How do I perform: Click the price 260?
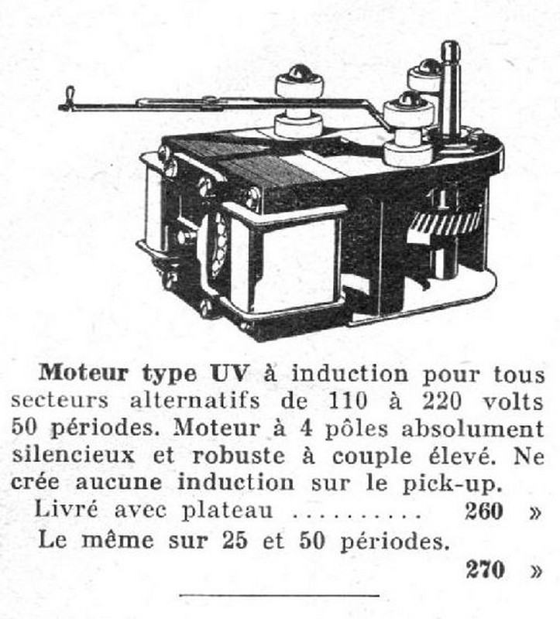484,511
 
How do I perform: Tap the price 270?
484,570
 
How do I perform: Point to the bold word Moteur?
83,372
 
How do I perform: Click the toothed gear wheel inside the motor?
445,224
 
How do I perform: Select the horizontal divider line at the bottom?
279,595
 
